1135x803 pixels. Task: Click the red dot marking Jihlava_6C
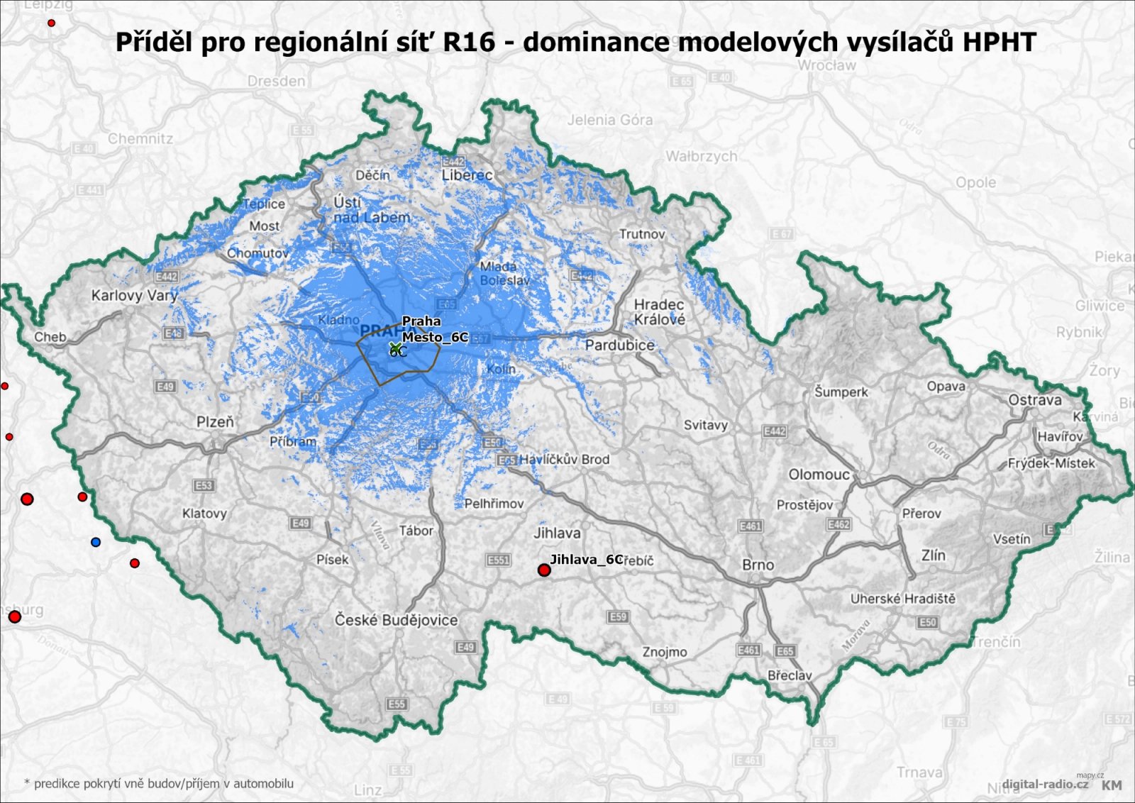(x=544, y=570)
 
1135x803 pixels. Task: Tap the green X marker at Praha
(x=395, y=347)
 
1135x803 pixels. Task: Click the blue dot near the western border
(x=96, y=542)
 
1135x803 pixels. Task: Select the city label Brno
(x=758, y=565)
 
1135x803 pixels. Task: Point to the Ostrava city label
(x=1034, y=400)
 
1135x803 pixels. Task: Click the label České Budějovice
(x=396, y=620)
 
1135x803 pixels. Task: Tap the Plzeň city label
(x=215, y=422)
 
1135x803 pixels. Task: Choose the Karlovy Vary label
(x=134, y=295)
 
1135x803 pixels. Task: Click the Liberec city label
(x=467, y=175)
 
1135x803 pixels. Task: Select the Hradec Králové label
(x=659, y=312)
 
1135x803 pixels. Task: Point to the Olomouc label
(x=819, y=474)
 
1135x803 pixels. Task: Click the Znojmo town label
(x=665, y=652)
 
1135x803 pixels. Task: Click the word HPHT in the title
(x=999, y=42)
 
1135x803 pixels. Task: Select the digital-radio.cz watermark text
(x=1045, y=784)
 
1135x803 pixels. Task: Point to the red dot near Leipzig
(x=51, y=23)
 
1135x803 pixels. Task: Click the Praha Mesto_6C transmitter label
(x=434, y=329)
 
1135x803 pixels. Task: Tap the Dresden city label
(x=277, y=81)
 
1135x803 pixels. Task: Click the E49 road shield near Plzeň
(x=165, y=387)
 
